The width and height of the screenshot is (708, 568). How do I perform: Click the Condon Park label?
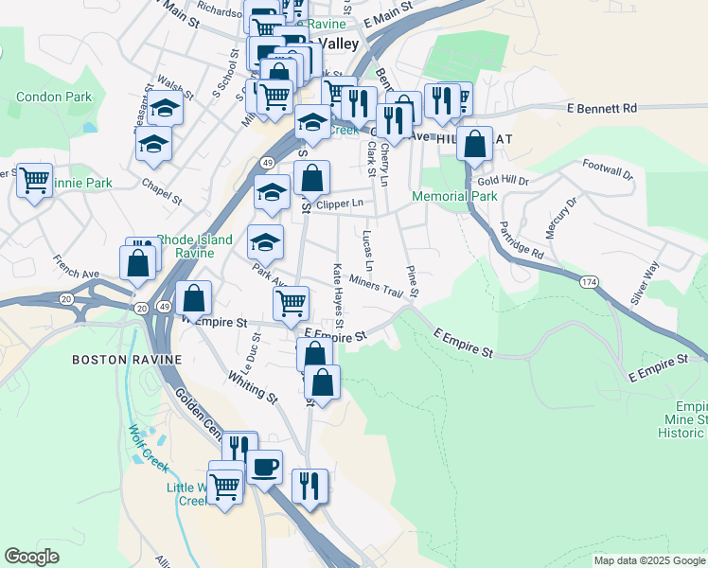(54, 97)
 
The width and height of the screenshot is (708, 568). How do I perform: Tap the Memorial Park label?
(454, 196)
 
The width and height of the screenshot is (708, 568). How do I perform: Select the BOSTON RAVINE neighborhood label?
(112, 360)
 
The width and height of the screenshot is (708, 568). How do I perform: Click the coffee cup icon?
(264, 466)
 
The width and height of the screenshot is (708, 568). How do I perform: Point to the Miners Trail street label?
(376, 282)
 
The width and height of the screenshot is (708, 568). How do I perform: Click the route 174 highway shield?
(590, 282)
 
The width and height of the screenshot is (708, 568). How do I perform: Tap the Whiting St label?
(252, 389)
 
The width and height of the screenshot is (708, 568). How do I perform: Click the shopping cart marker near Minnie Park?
(35, 179)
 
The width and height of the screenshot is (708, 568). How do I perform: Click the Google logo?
(32, 557)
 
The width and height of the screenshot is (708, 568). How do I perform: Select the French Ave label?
(76, 273)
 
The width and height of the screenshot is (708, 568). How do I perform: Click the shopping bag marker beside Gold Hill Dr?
(475, 144)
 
